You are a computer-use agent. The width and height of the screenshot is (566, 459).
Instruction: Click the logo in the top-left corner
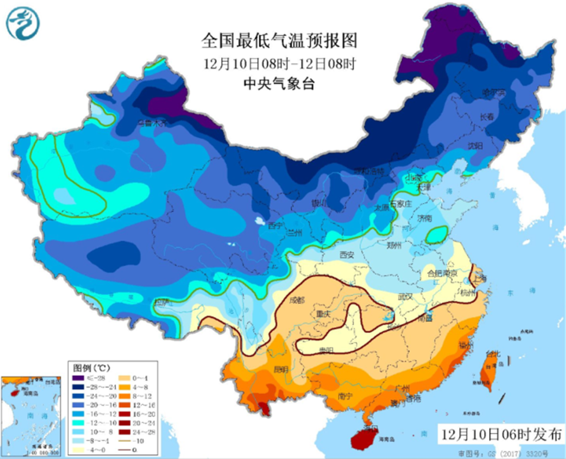21,22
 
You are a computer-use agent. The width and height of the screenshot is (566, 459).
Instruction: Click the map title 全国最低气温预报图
279,41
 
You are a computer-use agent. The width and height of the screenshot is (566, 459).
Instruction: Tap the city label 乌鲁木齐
153,123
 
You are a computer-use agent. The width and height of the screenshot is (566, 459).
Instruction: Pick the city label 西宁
276,226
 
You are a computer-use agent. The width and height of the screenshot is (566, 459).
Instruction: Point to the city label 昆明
281,370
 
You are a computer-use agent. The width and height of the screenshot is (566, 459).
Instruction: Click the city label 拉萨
161,302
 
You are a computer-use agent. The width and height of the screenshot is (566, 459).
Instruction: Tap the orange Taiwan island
488,374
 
